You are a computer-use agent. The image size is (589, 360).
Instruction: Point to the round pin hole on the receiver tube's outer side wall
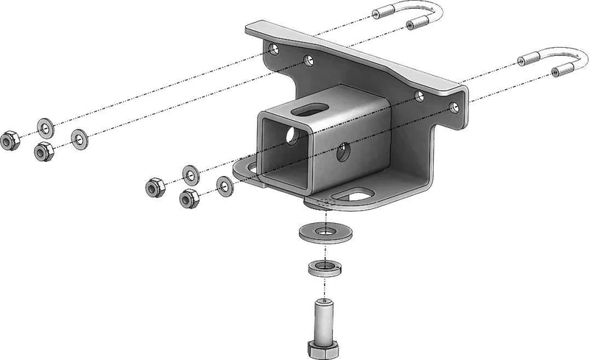343,154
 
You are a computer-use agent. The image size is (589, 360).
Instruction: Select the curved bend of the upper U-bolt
434,13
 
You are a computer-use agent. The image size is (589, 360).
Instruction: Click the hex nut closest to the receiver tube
188,197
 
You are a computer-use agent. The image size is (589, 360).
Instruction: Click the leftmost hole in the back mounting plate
273,51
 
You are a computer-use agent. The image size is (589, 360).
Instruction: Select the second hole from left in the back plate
308,61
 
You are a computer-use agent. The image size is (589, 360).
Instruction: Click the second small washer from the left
79,136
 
